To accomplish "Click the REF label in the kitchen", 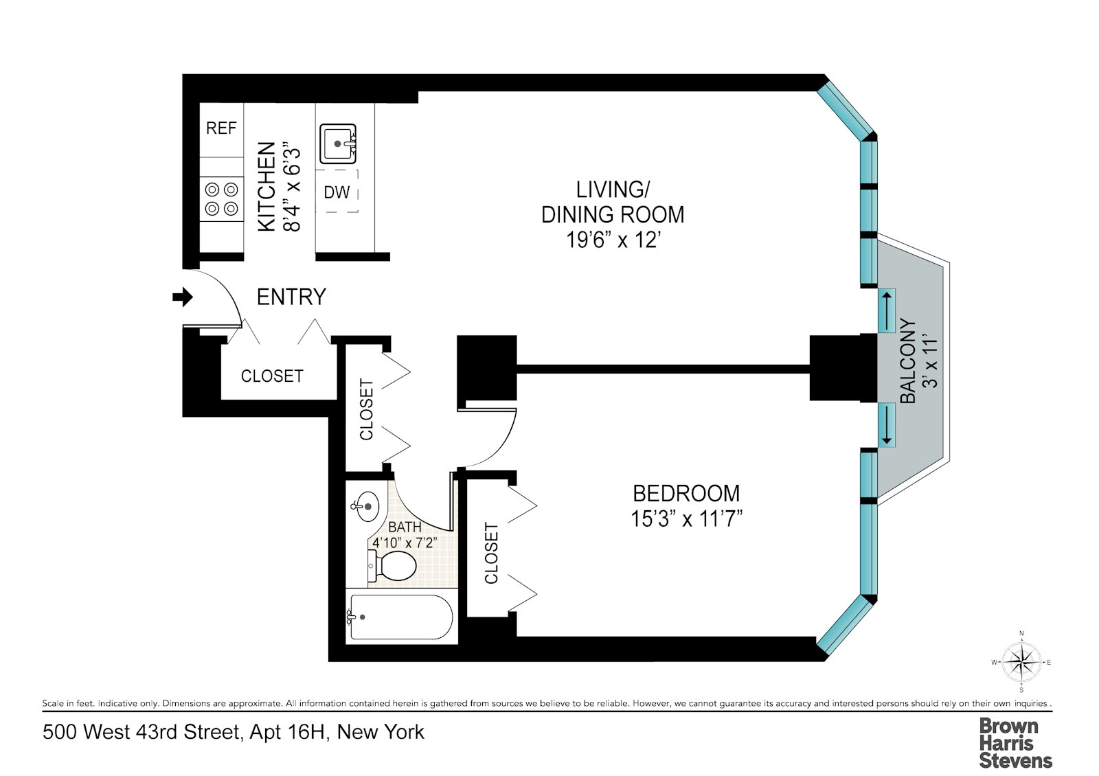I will coord(221,128).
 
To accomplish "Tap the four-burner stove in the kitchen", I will coord(222,198).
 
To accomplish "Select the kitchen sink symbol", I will coord(338,144).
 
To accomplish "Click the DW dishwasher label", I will coord(337,192).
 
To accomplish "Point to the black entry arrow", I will coord(182,297).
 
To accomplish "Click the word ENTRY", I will coord(291,297).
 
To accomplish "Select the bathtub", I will coord(401,617).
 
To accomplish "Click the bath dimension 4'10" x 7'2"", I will coord(405,542).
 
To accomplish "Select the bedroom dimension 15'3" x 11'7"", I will coord(687,518).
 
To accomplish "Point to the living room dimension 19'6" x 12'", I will coord(613,240).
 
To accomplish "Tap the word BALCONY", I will coord(908,362).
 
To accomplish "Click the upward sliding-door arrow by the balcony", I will coord(887,308).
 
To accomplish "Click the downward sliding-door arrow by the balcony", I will coord(887,424).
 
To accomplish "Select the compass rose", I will coord(1021,662).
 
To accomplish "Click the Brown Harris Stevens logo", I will coord(1015,742).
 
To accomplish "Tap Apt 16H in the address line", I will coord(286,733).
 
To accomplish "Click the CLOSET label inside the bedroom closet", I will coord(491,554).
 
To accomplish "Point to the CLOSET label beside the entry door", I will coord(272,376).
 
